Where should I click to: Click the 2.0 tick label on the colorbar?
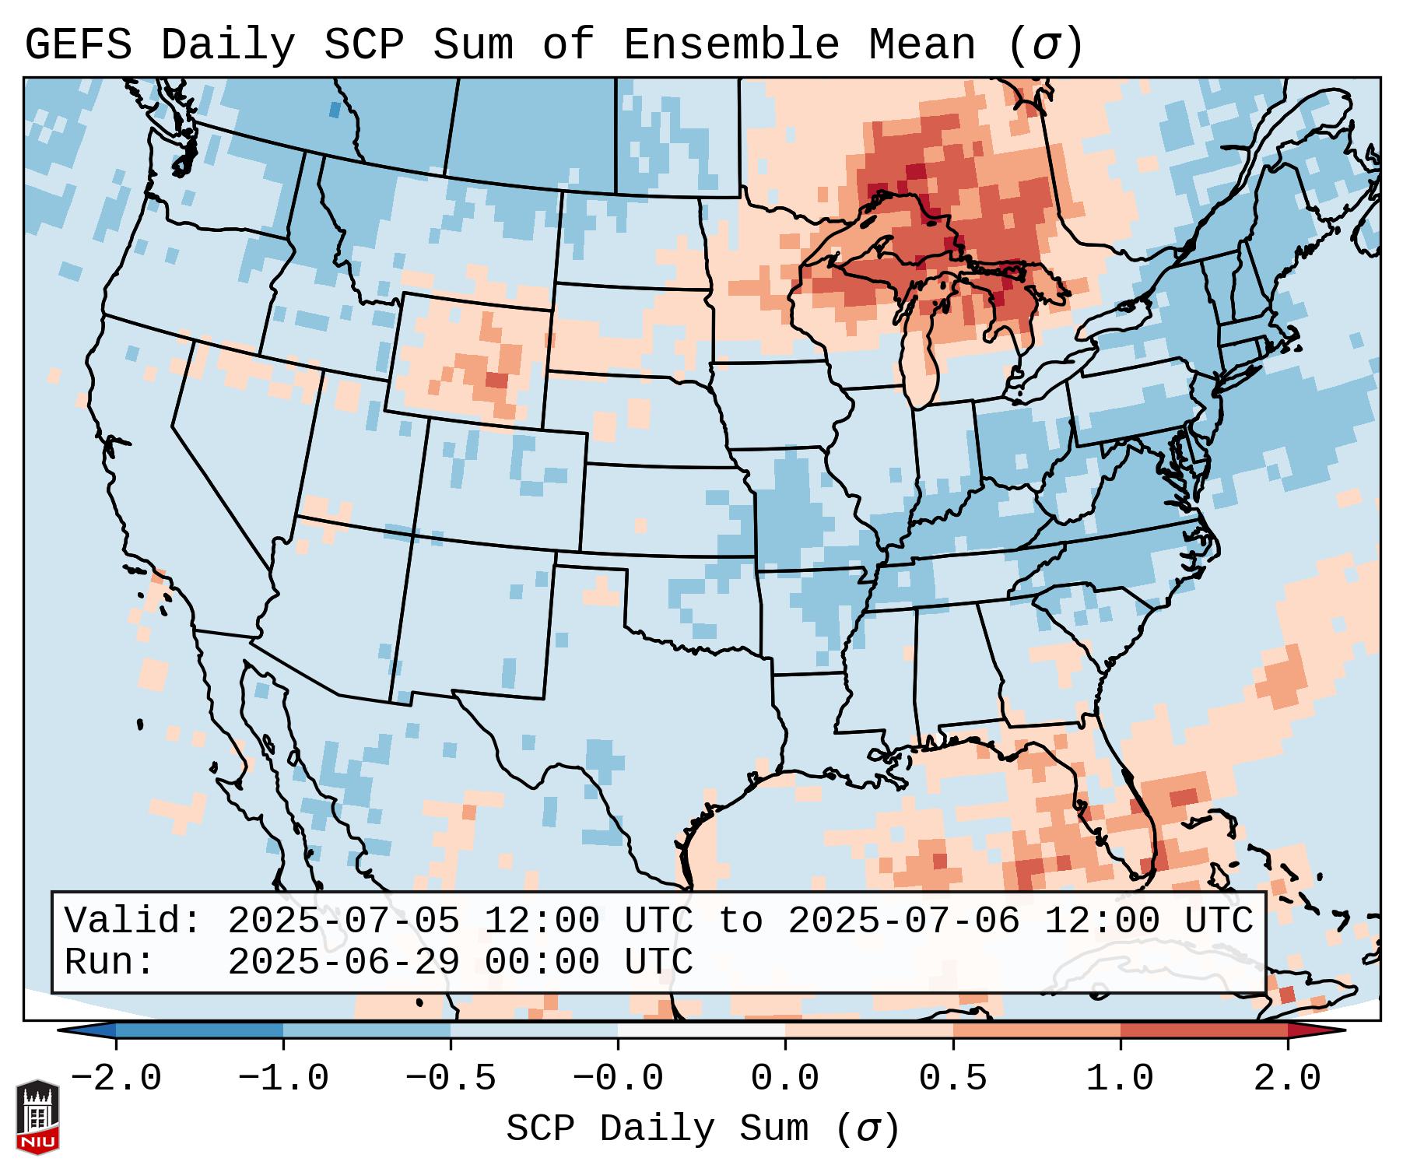[x=1287, y=1079]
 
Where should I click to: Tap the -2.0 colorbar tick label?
[x=116, y=1079]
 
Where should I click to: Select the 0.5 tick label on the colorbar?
[x=952, y=1079]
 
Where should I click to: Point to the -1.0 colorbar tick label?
[x=283, y=1079]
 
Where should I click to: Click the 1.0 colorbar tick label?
[x=1120, y=1079]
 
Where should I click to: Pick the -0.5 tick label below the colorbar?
[x=451, y=1079]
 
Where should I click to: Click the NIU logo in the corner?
[x=37, y=1116]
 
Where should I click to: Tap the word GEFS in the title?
[x=78, y=45]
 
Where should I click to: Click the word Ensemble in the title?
[x=731, y=45]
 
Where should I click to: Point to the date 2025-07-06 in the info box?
[x=903, y=921]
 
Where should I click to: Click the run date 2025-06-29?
[x=343, y=962]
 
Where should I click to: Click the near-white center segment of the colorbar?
[x=701, y=1030]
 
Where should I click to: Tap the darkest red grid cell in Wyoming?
[x=496, y=380]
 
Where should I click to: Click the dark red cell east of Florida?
[x=1184, y=797]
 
